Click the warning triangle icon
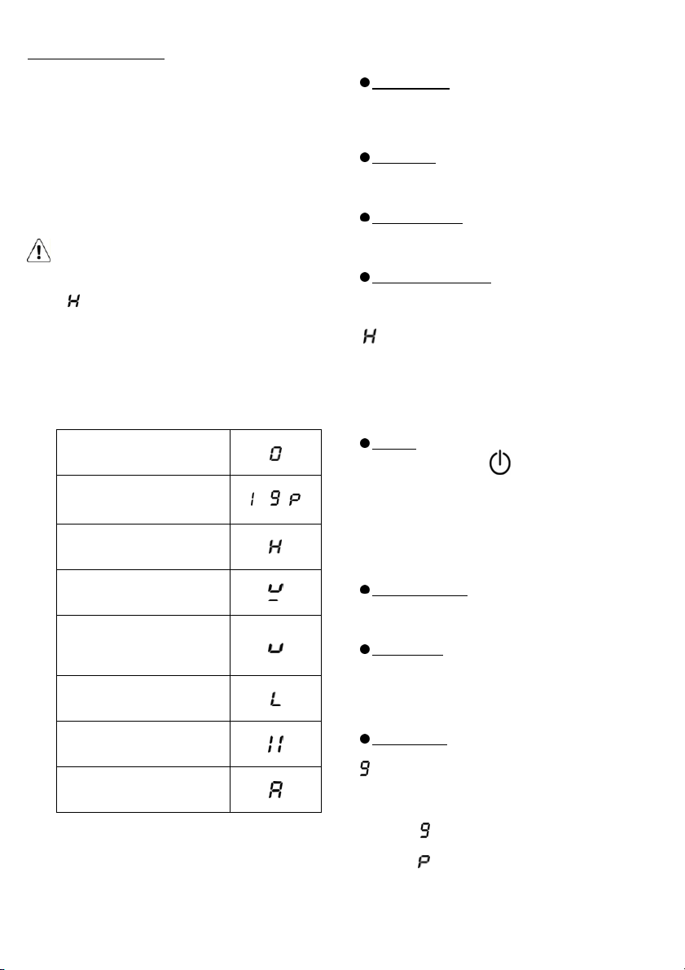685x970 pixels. tap(38, 251)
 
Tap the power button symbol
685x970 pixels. tap(500, 463)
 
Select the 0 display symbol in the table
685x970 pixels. tap(275, 454)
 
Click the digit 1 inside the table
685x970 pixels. tap(252, 499)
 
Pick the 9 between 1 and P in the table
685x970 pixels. tap(275, 498)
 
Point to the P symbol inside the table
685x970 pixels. tap(295, 499)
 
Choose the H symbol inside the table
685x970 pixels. tap(275, 546)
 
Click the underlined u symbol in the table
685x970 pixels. tap(275, 593)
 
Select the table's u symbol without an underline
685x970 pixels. tap(275, 647)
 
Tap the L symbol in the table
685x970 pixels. tap(275, 699)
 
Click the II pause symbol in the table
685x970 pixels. tap(275, 745)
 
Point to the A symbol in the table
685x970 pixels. tap(275, 790)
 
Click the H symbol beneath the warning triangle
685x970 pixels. tap(73, 301)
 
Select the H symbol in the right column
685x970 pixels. tap(370, 336)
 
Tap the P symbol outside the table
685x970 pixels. tap(424, 861)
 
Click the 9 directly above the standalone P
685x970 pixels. tap(424, 830)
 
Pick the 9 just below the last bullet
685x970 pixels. tap(365, 769)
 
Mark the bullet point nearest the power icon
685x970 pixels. tap(365, 443)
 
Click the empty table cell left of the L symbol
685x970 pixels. tap(143, 699)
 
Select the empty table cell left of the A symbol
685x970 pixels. tap(143, 789)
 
